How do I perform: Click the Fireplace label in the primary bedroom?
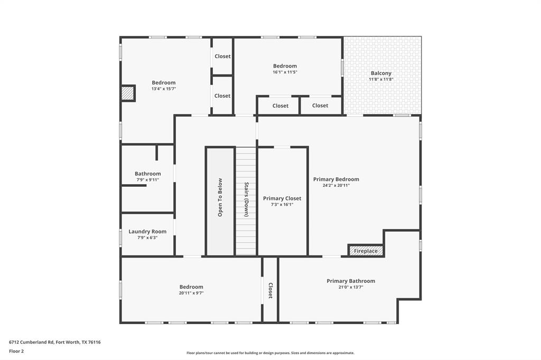(366, 251)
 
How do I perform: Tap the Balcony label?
(381, 73)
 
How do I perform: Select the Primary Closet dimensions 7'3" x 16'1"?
(282, 204)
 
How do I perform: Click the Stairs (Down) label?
(246, 200)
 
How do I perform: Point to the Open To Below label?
(220, 197)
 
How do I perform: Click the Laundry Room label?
(147, 231)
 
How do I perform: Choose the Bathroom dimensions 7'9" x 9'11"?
(147, 180)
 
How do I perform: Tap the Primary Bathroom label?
(351, 281)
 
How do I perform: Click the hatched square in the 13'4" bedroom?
(127, 93)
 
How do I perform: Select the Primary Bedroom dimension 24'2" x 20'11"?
(336, 185)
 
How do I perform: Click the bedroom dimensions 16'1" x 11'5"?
(285, 72)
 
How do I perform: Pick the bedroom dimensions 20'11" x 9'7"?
(191, 293)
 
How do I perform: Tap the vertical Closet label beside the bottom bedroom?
(270, 290)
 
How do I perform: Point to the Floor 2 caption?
(16, 351)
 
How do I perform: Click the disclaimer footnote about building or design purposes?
(270, 353)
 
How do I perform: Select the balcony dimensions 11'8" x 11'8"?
(381, 79)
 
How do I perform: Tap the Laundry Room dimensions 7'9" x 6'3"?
(147, 238)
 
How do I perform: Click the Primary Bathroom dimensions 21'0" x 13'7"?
(351, 287)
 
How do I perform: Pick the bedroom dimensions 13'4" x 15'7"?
(164, 89)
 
